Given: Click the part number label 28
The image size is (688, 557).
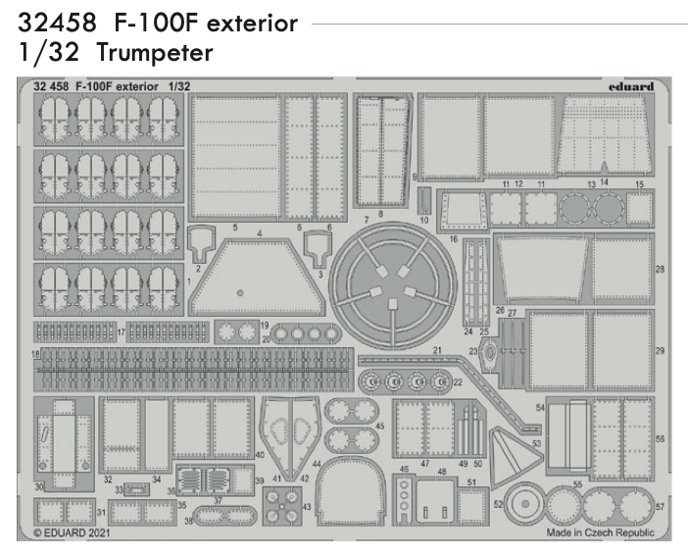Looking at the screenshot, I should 660,269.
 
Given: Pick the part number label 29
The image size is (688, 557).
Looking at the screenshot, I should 660,351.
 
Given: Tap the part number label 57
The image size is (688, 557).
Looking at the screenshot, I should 660,507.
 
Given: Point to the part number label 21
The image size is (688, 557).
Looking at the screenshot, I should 437,350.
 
